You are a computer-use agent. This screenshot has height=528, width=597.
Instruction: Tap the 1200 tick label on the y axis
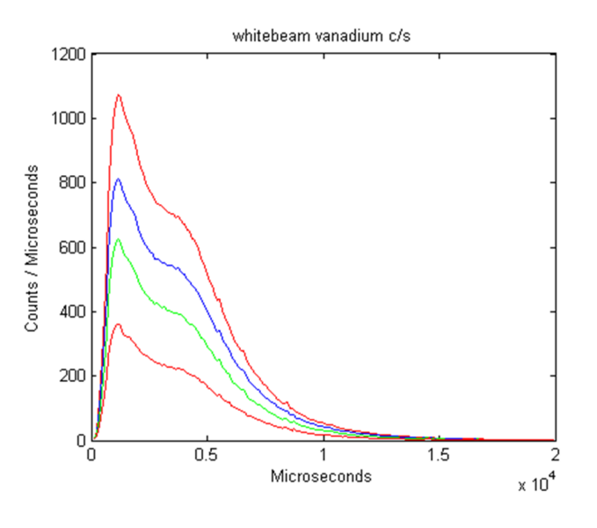(x=69, y=55)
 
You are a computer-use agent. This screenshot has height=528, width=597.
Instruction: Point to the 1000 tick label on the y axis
(x=69, y=119)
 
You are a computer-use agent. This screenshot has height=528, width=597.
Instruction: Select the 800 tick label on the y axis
(x=73, y=183)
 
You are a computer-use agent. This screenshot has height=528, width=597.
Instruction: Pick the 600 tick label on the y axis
(x=73, y=247)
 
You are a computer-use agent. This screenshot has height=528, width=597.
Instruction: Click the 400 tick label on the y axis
(x=73, y=312)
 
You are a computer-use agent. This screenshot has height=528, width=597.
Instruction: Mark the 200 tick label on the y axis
(x=73, y=376)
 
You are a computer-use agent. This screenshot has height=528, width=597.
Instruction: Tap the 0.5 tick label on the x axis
(x=207, y=456)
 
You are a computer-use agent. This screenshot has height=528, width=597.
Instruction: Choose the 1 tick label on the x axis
(x=324, y=456)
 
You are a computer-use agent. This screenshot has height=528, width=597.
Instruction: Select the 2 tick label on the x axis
(x=554, y=456)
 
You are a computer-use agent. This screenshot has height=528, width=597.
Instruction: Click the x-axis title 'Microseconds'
(x=321, y=476)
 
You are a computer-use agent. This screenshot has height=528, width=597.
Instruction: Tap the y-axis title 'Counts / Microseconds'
(x=32, y=247)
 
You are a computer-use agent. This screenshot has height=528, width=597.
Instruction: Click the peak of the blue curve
(x=118, y=179)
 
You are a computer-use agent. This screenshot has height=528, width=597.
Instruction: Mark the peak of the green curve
(x=118, y=238)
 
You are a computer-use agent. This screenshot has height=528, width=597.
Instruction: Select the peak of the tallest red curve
(x=118, y=95)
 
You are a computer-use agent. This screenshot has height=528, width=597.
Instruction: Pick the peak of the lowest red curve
(x=118, y=324)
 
